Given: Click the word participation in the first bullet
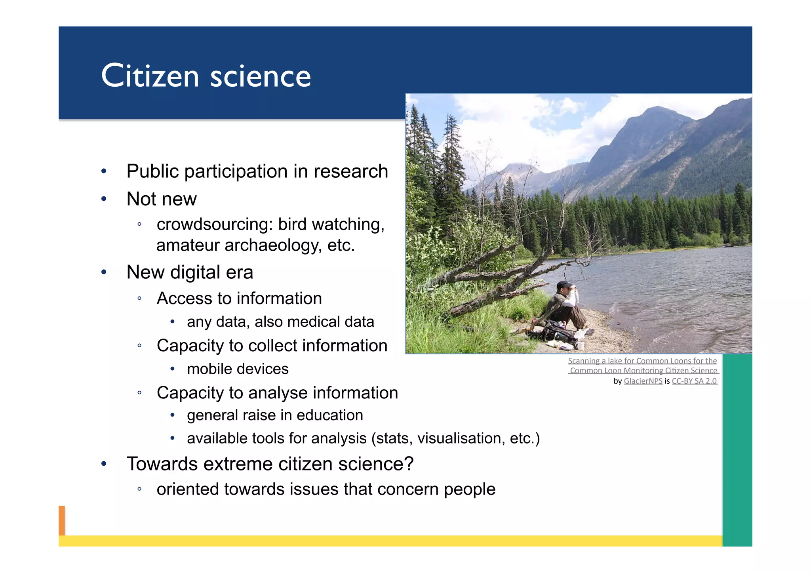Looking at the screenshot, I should pyautogui.click(x=236, y=171).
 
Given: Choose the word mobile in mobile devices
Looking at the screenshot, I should pyautogui.click(x=209, y=369).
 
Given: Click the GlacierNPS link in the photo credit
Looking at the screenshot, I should pyautogui.click(x=643, y=381).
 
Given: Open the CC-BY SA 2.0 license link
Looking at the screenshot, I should pyautogui.click(x=694, y=381).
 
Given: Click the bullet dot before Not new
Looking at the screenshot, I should pyautogui.click(x=104, y=199).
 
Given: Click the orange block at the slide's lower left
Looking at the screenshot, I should pyautogui.click(x=62, y=520).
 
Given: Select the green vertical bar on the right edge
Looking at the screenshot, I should pyautogui.click(x=737, y=449).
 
